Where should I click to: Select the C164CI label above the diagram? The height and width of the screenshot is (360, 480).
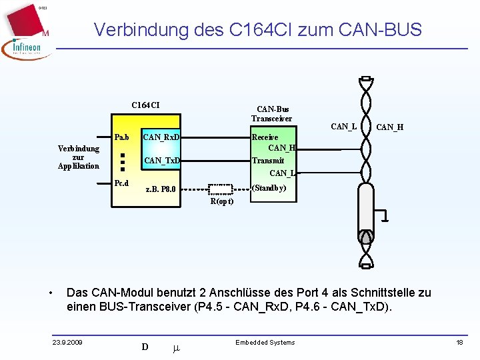coord(145,105)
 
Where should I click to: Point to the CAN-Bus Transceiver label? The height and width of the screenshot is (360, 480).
coord(271,114)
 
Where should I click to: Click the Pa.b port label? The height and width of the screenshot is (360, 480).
coord(121,137)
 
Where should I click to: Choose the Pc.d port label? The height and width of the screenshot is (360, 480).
coord(121,183)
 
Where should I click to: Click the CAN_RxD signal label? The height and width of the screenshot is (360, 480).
coord(161,137)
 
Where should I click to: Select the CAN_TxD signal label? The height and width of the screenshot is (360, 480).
coord(162,160)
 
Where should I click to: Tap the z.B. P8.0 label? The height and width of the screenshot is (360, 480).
coord(161,189)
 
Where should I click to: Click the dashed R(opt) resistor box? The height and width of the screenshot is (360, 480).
coord(221,189)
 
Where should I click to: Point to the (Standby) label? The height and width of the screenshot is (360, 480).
coord(269,188)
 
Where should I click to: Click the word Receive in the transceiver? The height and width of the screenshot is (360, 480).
coord(265,137)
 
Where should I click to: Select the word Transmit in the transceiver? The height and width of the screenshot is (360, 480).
coord(267,160)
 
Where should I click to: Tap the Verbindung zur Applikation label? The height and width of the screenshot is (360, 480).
coord(79,157)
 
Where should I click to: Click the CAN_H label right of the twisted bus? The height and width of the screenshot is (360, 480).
coord(389,127)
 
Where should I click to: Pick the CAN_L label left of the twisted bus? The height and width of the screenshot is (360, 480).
coord(343,126)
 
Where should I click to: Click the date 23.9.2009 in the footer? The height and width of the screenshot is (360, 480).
coord(67,343)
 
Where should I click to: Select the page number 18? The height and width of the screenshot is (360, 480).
coord(459,342)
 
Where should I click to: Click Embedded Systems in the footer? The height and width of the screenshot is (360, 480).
coord(265,342)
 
